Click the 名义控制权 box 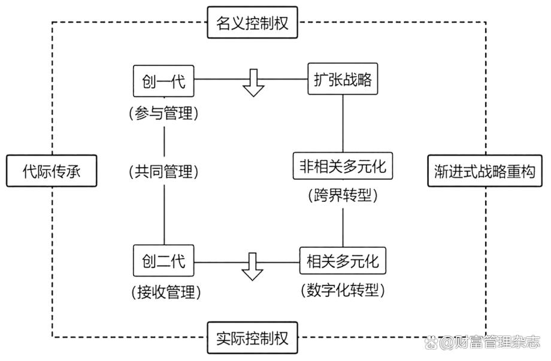click(252, 23)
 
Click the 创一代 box click(164, 81)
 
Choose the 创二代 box click(164, 262)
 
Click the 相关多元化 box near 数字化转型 click(343, 262)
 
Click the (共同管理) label click(164, 172)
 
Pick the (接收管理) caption click(164, 292)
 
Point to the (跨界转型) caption click(343, 196)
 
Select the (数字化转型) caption click(343, 291)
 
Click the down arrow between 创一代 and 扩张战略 click(253, 83)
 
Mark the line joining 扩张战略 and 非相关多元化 click(343, 123)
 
